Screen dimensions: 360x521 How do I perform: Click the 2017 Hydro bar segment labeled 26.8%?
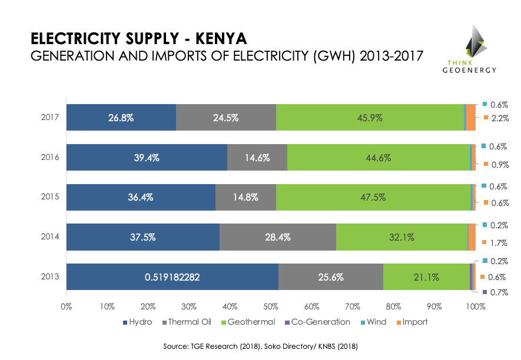121,118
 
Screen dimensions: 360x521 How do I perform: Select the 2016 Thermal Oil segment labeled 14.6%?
257,157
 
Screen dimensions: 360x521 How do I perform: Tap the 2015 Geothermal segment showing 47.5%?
373,197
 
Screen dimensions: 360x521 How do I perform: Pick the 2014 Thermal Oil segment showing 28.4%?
278,237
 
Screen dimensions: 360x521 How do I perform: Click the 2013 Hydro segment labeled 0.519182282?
172,277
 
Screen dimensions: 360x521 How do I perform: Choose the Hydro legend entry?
138,322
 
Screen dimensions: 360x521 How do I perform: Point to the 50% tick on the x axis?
271,306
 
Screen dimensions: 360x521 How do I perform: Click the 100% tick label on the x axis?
475,306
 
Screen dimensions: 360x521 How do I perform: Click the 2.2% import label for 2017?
499,118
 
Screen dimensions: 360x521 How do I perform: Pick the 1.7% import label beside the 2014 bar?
499,242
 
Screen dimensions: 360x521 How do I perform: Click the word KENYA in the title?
215,39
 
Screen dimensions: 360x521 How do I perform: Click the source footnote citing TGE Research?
260,347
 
